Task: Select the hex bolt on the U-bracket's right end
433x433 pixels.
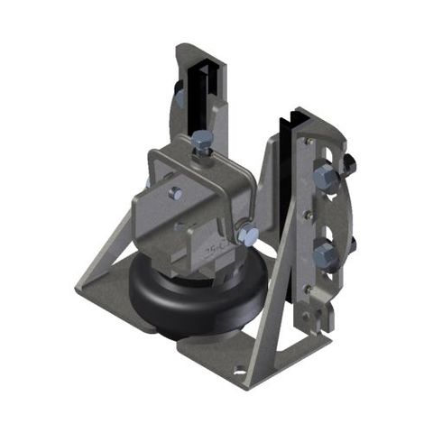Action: click(249, 235)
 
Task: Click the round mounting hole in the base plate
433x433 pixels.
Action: click(241, 370)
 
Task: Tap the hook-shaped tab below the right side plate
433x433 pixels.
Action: click(311, 316)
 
